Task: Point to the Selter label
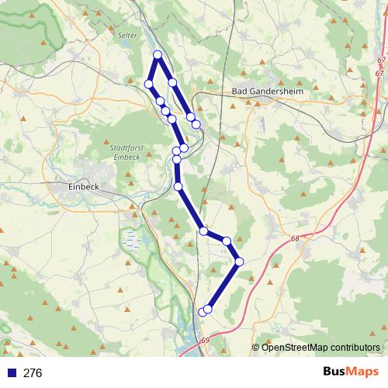click(127, 36)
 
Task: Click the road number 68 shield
click(296, 239)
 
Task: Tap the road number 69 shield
click(205, 340)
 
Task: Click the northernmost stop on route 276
click(158, 54)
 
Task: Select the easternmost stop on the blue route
click(239, 262)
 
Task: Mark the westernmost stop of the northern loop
click(148, 83)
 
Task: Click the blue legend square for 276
click(10, 372)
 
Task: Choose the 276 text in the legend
click(33, 372)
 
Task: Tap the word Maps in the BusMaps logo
click(362, 372)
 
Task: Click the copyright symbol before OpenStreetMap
click(256, 347)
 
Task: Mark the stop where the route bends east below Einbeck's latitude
click(203, 230)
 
